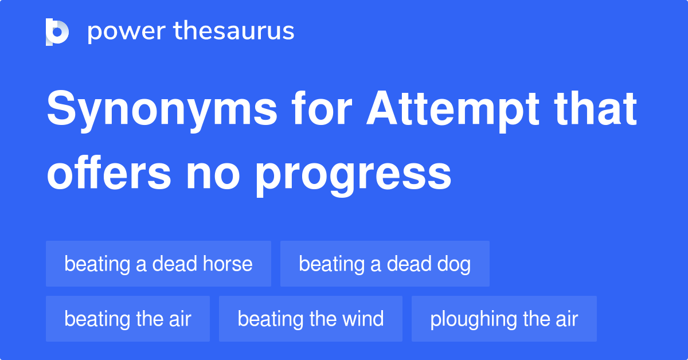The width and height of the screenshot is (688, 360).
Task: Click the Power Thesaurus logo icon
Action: coord(57,32)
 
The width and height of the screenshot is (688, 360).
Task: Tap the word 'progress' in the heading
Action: coord(353,174)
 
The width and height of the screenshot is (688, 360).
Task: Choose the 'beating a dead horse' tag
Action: coord(158,264)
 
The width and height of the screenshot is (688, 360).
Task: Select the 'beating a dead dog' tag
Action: coord(385,264)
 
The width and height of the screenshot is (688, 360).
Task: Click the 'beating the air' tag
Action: coord(128,319)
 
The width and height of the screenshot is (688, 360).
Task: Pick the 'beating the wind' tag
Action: coord(311,319)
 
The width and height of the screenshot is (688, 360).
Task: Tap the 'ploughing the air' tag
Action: coord(504,319)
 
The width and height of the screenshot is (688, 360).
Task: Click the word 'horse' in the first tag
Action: coord(228,264)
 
